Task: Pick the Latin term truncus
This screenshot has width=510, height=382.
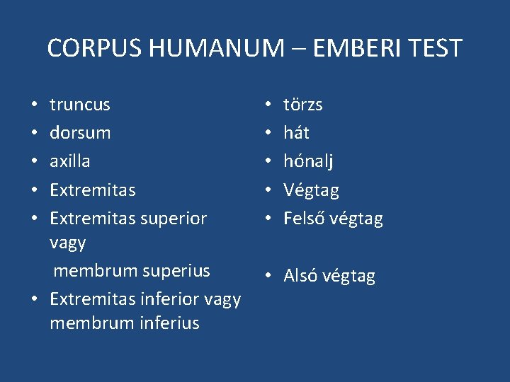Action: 80,105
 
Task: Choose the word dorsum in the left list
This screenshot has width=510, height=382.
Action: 80,133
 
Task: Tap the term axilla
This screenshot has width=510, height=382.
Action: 69,161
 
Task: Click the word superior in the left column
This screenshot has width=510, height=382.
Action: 174,219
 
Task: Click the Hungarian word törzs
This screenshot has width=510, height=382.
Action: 303,105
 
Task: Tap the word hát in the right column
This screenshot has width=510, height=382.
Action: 296,133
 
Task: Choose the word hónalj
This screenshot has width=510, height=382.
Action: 308,161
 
